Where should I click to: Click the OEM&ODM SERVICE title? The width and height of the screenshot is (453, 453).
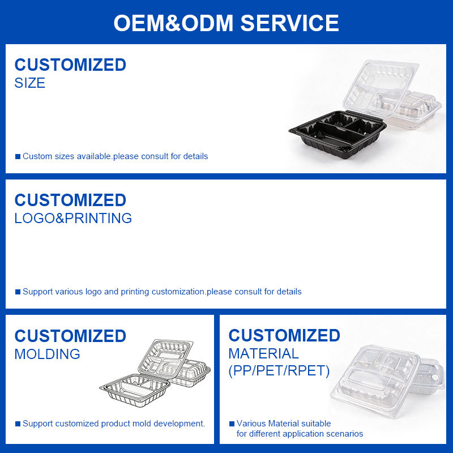(x=226, y=23)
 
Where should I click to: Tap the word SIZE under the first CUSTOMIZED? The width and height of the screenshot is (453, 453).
(x=30, y=83)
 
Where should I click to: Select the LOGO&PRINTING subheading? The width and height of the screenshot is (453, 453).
(x=73, y=218)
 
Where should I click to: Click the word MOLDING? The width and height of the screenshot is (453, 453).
(x=48, y=354)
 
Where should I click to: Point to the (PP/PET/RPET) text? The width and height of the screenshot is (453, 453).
(x=279, y=371)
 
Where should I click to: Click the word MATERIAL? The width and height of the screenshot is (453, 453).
(x=263, y=353)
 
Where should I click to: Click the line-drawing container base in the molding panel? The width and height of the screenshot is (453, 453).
(x=135, y=390)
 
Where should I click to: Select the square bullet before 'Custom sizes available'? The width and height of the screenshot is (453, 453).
(x=18, y=157)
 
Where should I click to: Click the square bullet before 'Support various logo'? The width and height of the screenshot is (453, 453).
(x=18, y=292)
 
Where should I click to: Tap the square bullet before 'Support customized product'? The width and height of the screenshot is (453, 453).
(x=18, y=424)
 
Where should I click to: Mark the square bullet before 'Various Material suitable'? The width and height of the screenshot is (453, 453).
(x=232, y=424)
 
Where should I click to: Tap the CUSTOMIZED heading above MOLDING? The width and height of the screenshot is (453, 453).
(x=70, y=336)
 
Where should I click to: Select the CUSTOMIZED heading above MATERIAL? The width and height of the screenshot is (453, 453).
(x=284, y=335)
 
